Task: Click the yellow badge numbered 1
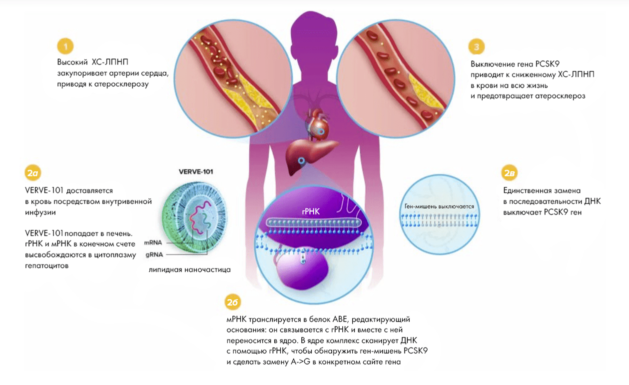pos(65,46)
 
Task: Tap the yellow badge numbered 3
pos(477,46)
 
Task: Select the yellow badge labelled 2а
pos(32,173)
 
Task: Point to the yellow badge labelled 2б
pos(233,302)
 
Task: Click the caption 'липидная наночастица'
pos(189,270)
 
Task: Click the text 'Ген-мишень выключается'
pos(439,206)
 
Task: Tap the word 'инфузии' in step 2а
pos(38,212)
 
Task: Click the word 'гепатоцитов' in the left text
pos(46,266)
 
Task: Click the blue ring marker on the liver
pos(301,161)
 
